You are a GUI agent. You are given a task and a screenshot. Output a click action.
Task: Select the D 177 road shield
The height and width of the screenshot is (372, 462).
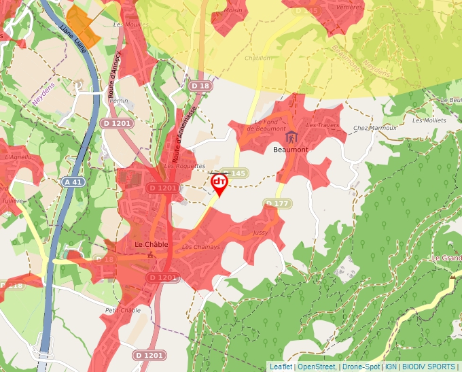[x=277, y=203]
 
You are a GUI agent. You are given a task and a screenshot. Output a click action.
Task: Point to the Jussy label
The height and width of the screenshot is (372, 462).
[x=260, y=233]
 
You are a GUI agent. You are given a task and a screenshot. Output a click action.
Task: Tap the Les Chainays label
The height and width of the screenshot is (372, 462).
[x=201, y=247]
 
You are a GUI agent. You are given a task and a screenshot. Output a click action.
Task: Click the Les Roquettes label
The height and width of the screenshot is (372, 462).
[x=184, y=165]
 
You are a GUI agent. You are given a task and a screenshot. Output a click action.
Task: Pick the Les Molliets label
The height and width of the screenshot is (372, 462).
[x=429, y=120]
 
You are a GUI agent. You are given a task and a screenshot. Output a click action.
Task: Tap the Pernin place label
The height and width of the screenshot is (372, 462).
[x=118, y=100]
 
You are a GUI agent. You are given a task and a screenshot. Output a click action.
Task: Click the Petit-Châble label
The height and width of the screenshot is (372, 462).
[x=122, y=310]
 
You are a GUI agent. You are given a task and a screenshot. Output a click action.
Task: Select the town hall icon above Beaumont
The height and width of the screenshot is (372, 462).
[x=291, y=137]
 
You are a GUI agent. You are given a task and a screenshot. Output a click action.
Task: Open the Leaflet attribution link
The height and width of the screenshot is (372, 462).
[x=281, y=367]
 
